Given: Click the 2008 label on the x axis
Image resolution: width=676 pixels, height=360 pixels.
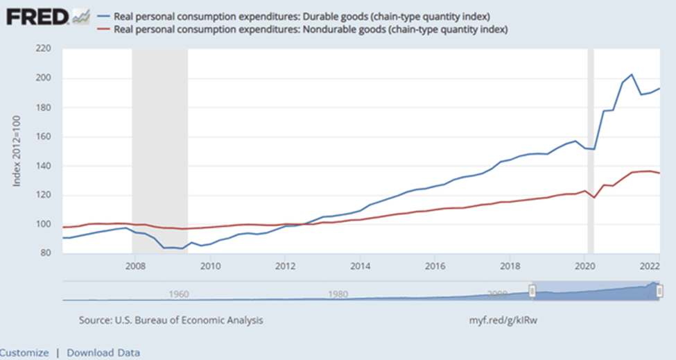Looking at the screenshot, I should tap(135, 265).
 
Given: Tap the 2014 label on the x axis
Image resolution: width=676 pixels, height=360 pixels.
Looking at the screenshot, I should tap(360, 265).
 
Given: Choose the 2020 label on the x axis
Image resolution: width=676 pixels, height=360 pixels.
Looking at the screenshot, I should tap(584, 265).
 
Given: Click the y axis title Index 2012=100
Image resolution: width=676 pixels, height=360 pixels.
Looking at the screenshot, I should tap(18, 151).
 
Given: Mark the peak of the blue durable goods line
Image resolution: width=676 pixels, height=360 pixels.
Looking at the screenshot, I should tap(632, 74).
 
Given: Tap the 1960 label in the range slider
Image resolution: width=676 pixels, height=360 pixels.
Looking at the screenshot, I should tap(179, 294).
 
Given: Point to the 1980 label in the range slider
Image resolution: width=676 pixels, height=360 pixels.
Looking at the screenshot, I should tap(338, 294).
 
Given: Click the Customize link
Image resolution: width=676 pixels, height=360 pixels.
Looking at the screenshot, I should tap(25, 352).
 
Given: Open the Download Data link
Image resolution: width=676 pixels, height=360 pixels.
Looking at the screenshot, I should tap(103, 352).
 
